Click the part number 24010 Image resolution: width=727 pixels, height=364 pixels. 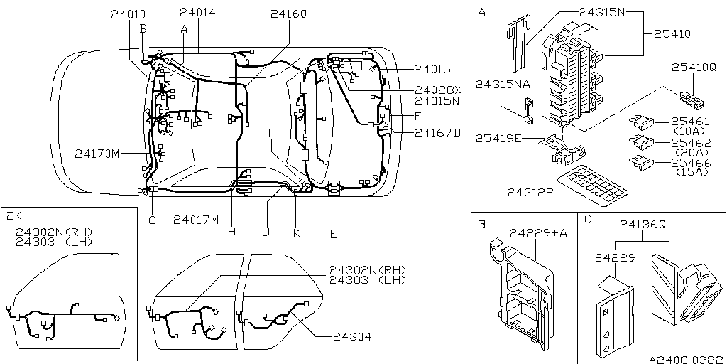click(x=128, y=14)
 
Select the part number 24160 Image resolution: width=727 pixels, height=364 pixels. click(x=288, y=14)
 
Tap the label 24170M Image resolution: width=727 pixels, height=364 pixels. click(x=97, y=154)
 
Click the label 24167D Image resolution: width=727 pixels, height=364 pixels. click(x=437, y=133)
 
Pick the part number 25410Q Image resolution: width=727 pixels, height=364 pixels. click(x=694, y=68)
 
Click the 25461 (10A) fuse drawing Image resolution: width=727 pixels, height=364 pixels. click(x=641, y=123)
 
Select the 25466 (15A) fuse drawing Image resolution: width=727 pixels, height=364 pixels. click(x=641, y=163)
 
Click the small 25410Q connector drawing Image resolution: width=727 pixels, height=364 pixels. click(x=693, y=99)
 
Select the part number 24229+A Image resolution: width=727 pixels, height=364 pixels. click(x=538, y=233)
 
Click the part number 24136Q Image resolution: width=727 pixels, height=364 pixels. click(x=643, y=224)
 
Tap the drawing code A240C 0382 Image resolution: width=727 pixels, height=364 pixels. click(x=687, y=359)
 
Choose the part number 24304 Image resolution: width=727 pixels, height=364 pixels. click(x=352, y=336)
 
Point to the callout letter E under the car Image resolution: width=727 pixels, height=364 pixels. click(x=334, y=234)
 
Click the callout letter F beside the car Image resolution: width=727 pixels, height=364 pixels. click(x=417, y=116)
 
